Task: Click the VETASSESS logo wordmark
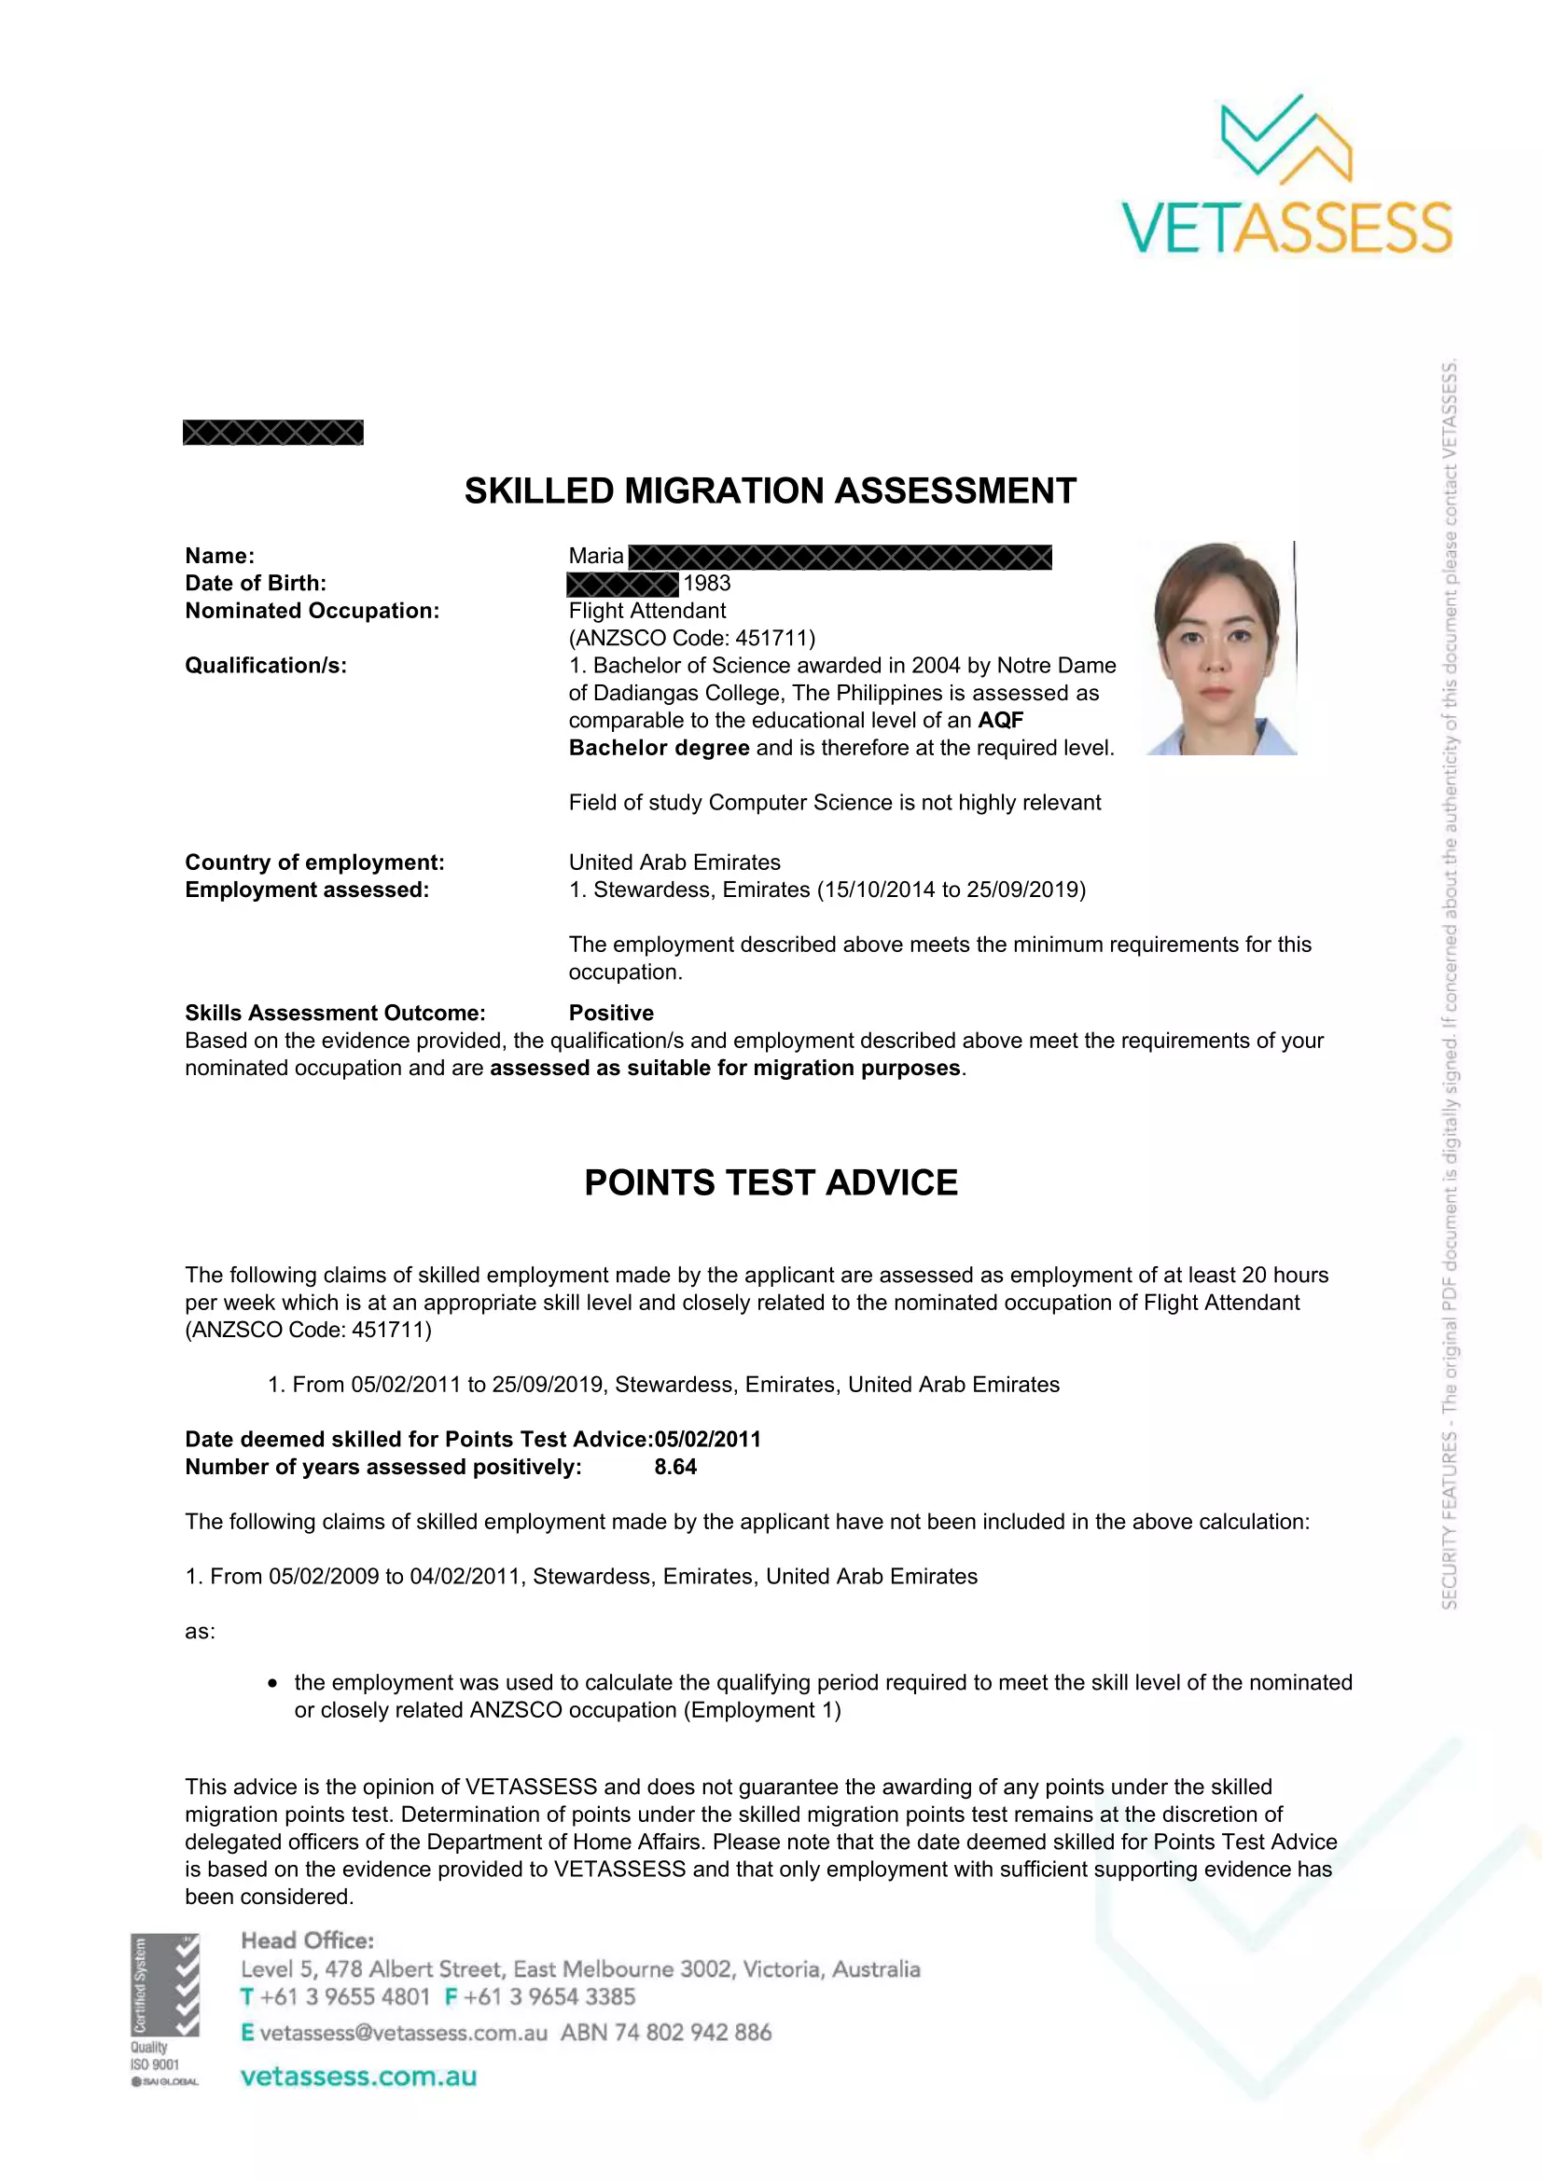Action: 1286,228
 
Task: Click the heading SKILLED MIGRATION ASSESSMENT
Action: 770,491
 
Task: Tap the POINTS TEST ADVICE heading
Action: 771,1182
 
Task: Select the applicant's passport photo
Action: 1221,649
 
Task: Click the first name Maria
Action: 596,557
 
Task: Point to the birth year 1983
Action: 707,583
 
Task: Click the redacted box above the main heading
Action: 272,433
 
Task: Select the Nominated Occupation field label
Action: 312,611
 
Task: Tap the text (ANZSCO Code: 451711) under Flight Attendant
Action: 691,639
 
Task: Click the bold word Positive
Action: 611,1013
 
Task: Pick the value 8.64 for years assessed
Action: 675,1467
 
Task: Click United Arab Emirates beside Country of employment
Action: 674,863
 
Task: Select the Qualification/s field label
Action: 266,666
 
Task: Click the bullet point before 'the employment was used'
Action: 272,1683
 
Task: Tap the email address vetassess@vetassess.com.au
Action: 403,2033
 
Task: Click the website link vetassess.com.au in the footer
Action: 358,2077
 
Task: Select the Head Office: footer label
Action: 307,1940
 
